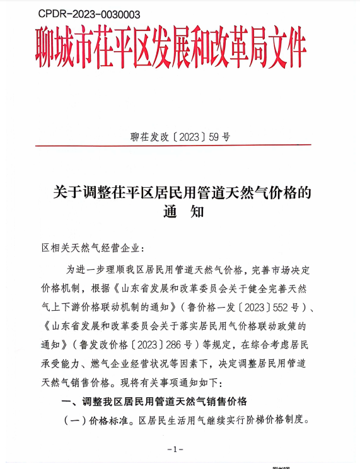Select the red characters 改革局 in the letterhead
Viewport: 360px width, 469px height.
(228, 47)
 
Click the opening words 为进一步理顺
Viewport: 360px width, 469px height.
(98, 269)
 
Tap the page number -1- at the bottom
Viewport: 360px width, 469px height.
(175, 449)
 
